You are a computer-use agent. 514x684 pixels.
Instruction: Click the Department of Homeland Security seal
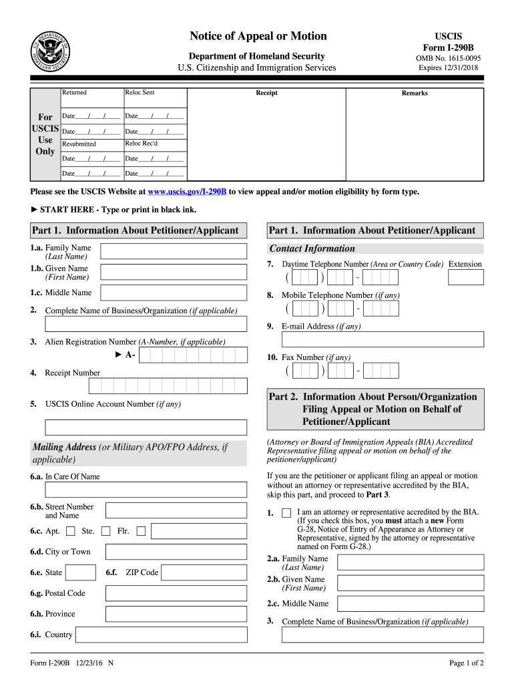pos(50,52)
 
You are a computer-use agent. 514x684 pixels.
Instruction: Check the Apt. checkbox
pos(70,532)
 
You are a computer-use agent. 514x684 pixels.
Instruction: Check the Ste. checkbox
pos(105,532)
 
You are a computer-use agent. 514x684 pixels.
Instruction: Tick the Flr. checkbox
pos(141,532)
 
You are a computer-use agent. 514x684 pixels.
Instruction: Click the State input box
pos(81,572)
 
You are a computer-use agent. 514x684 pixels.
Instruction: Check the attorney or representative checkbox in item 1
pos(286,513)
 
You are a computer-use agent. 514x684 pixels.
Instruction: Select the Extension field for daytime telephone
pos(465,277)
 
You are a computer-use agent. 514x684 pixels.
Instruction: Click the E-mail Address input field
pos(383,339)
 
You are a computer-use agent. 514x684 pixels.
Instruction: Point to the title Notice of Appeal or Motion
pos(258,36)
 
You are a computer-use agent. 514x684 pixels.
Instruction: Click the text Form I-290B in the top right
pos(448,48)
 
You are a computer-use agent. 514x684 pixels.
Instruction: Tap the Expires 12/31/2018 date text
pos(448,68)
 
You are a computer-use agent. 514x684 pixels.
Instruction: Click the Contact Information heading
pos(312,248)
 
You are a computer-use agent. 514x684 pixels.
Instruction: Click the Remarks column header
pos(415,94)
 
